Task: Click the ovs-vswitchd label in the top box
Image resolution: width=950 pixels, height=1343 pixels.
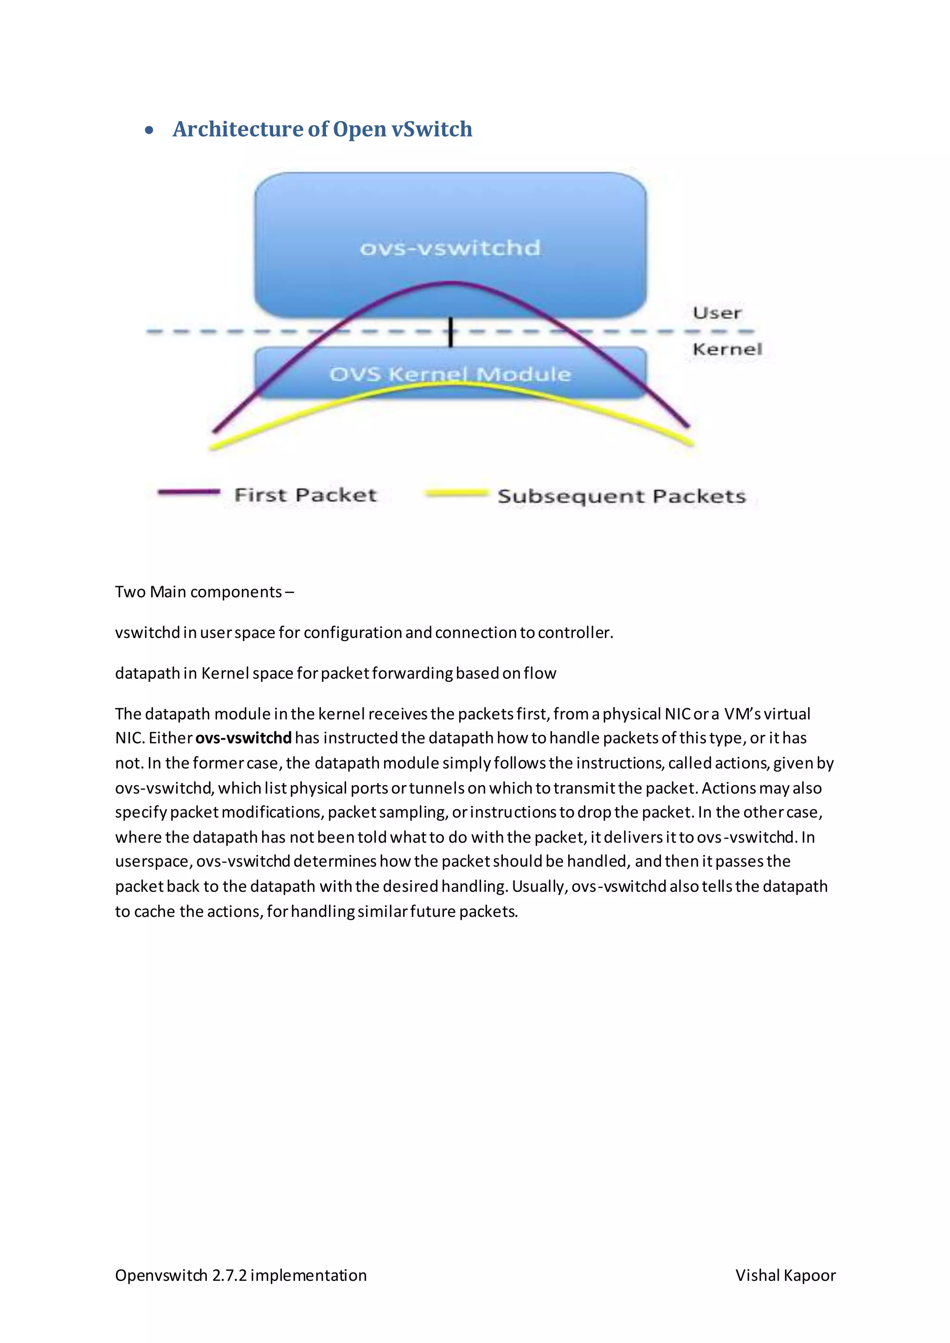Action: [450, 248]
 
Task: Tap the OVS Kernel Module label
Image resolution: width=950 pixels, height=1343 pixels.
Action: [450, 374]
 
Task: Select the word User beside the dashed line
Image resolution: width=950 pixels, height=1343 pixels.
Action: [717, 313]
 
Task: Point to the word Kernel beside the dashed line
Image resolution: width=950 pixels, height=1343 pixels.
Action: [727, 349]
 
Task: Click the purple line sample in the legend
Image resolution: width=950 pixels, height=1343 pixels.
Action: [188, 492]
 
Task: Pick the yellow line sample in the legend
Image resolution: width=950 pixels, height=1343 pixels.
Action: [456, 494]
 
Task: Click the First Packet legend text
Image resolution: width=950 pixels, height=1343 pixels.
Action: [305, 495]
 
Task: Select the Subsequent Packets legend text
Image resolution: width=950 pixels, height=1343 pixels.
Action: [621, 496]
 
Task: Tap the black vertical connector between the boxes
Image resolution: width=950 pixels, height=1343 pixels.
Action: [450, 332]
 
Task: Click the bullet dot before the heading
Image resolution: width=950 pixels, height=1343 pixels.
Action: [149, 130]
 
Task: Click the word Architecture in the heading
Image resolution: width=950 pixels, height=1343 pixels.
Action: [237, 129]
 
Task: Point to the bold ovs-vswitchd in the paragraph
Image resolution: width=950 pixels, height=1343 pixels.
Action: [244, 738]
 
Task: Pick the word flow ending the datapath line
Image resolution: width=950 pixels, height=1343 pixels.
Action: [540, 673]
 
